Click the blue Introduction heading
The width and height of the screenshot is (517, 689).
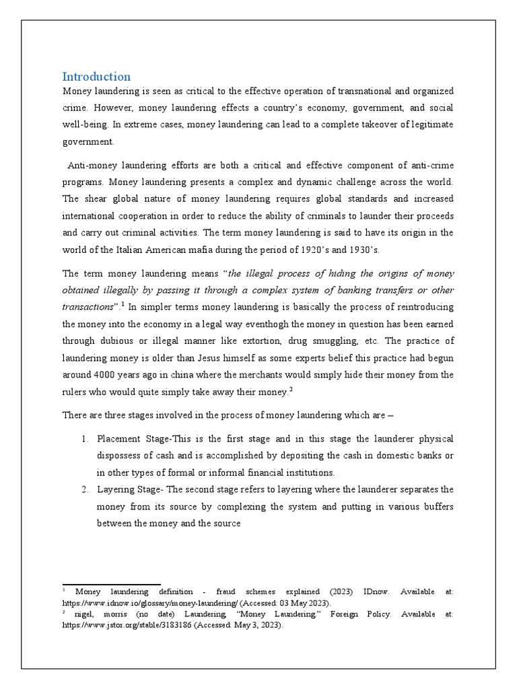tap(96, 76)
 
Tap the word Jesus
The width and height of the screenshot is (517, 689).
tap(226, 357)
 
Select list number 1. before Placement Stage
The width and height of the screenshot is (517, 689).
tap(85, 438)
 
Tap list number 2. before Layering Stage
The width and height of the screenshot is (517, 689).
tap(85, 489)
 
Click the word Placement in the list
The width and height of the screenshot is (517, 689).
tap(120, 438)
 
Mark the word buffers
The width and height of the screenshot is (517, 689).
tap(437, 506)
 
